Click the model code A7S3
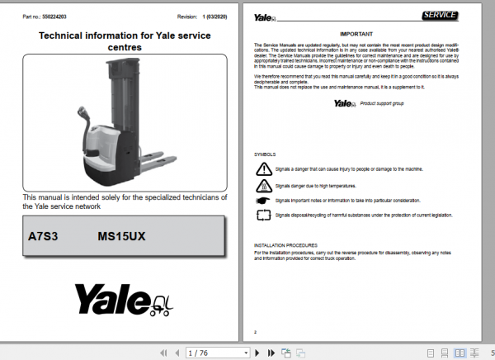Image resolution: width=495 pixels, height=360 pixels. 43,235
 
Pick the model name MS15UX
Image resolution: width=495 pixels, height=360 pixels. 120,235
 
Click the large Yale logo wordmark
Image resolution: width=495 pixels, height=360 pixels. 111,296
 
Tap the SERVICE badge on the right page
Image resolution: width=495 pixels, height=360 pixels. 443,15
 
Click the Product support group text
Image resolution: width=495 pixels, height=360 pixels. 384,103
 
